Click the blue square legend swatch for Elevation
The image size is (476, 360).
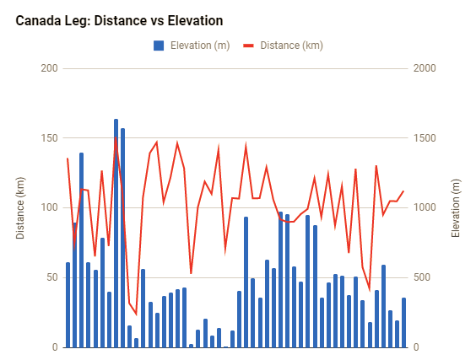(159, 46)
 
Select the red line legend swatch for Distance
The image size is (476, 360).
(249, 46)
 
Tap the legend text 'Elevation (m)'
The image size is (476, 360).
(198, 46)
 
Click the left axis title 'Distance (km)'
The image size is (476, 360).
(20, 207)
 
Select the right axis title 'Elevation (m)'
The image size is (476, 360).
(456, 207)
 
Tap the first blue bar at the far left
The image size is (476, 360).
(68, 305)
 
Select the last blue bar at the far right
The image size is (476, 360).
(403, 323)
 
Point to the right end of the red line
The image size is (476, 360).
(403, 191)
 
